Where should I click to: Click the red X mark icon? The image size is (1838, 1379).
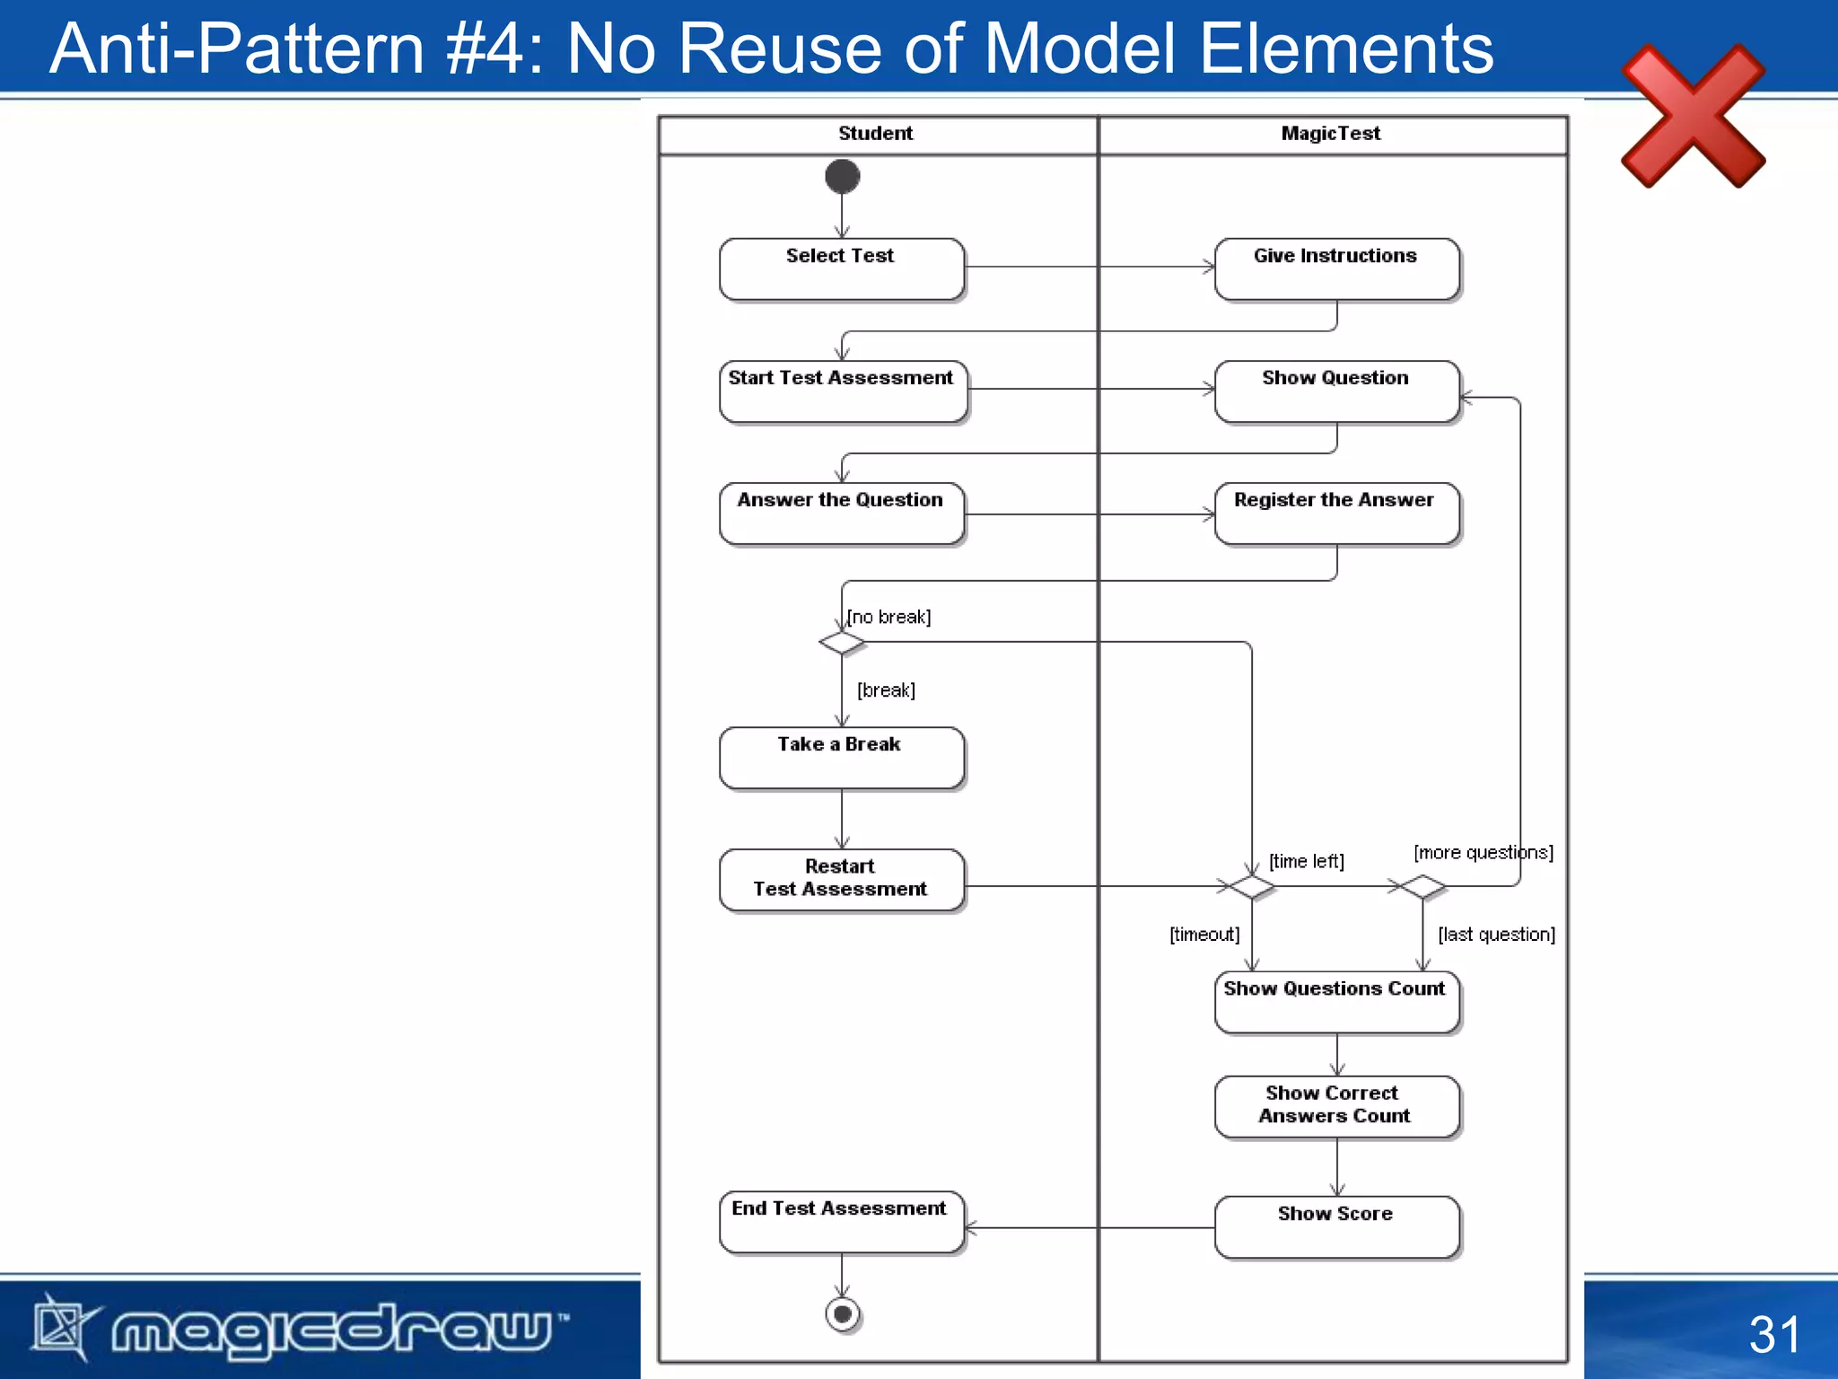[x=1693, y=116]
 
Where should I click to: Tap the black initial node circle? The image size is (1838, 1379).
[x=842, y=177]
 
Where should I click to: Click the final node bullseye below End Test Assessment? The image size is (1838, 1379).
[x=842, y=1314]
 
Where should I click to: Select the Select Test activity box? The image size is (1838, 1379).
[x=842, y=268]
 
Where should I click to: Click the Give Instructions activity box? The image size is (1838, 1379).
[x=1336, y=268]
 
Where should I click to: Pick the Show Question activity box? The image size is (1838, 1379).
[x=1336, y=391]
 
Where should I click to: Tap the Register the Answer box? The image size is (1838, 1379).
[x=1336, y=513]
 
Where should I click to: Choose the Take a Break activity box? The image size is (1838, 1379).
[x=842, y=757]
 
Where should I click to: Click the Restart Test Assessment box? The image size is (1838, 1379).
[x=842, y=879]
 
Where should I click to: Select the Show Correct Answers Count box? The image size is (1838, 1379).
[x=1336, y=1106]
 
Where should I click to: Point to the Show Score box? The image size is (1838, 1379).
[x=1336, y=1226]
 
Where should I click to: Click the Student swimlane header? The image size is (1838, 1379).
[x=876, y=134]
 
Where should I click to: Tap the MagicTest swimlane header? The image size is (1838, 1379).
[x=1331, y=134]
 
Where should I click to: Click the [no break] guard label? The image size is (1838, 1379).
[x=889, y=617]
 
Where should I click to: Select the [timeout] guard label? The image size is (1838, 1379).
[x=1204, y=935]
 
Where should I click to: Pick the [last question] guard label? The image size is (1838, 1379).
[x=1496, y=935]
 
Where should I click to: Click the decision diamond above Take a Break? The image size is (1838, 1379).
[x=842, y=642]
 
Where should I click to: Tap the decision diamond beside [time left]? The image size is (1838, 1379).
[x=1251, y=887]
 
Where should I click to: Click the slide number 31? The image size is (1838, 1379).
[x=1774, y=1334]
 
